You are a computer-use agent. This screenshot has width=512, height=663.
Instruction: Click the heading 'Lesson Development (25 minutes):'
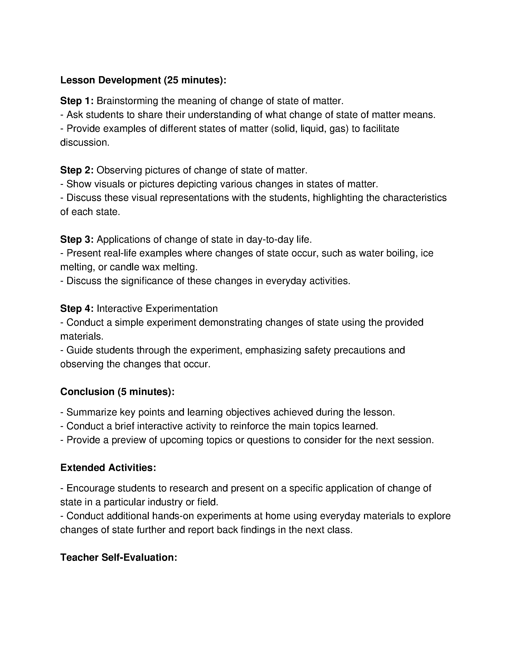pyautogui.click(x=143, y=80)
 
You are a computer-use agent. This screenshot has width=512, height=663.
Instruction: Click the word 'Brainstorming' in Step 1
pyautogui.click(x=127, y=101)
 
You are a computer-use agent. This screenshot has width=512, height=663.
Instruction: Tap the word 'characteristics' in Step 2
pyautogui.click(x=415, y=198)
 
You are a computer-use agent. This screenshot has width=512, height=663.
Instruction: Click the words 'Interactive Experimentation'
pyautogui.click(x=157, y=308)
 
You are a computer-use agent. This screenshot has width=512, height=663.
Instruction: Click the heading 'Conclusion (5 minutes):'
pyautogui.click(x=117, y=392)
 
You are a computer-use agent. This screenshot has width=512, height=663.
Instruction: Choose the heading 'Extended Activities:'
pyautogui.click(x=108, y=468)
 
